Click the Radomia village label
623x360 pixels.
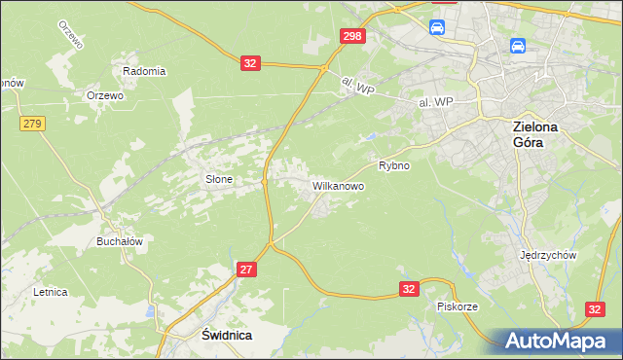[x=144, y=71]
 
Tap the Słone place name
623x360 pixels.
[x=217, y=179]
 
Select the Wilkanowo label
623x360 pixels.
[x=338, y=184]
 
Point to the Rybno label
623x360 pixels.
[x=394, y=165]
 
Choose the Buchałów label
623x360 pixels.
[x=120, y=241]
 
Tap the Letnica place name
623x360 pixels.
[x=50, y=291]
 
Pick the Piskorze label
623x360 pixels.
[x=458, y=306]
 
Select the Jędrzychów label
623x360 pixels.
[x=550, y=255]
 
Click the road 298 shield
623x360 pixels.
[x=353, y=36]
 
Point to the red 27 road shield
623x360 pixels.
[x=246, y=269]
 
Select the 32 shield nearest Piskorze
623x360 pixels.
[x=409, y=289]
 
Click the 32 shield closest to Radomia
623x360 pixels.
[x=251, y=63]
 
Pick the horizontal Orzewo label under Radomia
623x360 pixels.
[x=104, y=95]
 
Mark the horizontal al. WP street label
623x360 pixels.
[x=437, y=99]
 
